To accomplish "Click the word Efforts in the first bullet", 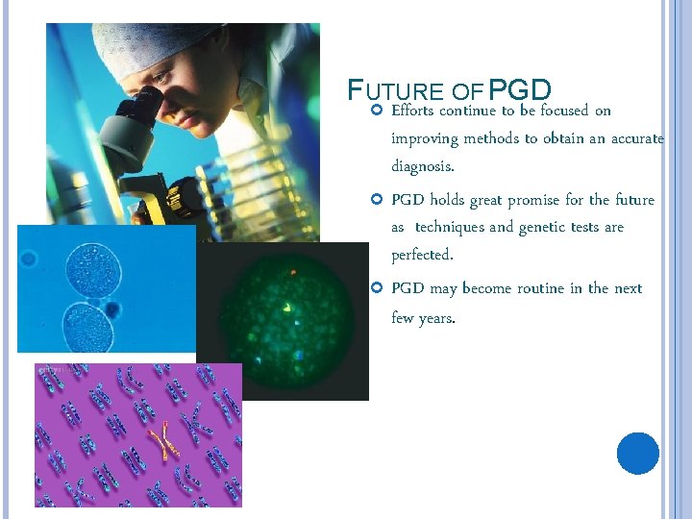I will pyautogui.click(x=413, y=111).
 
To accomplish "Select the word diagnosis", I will pyautogui.click(x=423, y=165).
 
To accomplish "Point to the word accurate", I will pyautogui.click(x=637, y=138).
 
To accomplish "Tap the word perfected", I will pyautogui.click(x=422, y=255).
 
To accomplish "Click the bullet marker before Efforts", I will pyautogui.click(x=377, y=111).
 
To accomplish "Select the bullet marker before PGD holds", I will pyautogui.click(x=377, y=200).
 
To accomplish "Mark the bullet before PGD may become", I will pyautogui.click(x=377, y=288).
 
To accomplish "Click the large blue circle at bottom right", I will pyautogui.click(x=638, y=453).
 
